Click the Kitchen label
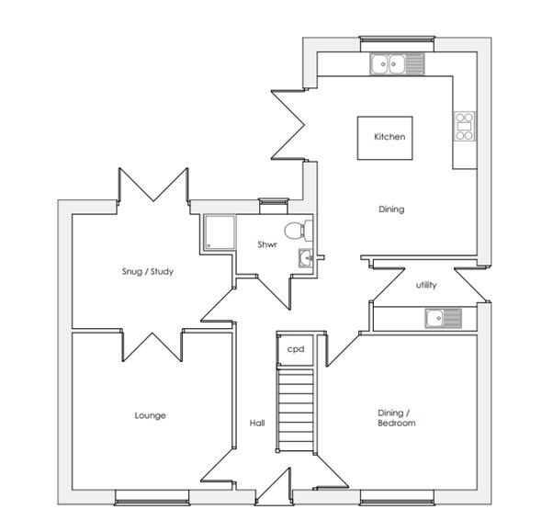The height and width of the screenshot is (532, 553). [389, 137]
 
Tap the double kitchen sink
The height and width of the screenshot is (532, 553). [397, 63]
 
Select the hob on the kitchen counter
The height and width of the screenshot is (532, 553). [465, 126]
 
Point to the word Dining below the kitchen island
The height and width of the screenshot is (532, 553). [391, 209]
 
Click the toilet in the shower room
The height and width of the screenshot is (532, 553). [299, 231]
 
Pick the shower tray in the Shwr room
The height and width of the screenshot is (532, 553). [220, 232]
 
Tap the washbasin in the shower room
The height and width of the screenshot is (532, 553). [306, 257]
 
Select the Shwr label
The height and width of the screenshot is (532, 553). [267, 244]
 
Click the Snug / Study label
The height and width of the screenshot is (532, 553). [148, 272]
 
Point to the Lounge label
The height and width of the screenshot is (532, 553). [151, 415]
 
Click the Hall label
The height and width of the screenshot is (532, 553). [257, 423]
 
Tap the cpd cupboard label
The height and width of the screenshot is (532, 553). [296, 349]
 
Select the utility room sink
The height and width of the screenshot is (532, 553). [444, 318]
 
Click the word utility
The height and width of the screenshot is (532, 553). [426, 285]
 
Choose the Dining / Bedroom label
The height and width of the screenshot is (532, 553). [397, 418]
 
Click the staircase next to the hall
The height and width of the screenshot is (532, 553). [296, 410]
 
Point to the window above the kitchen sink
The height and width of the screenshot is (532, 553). [397, 39]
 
